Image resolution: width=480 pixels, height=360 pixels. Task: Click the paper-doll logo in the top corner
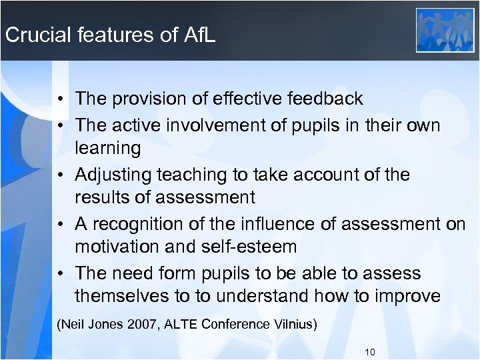445,30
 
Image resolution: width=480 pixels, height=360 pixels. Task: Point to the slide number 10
371,351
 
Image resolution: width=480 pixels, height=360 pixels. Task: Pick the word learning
108,148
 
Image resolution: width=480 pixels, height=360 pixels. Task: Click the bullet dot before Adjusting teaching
59,175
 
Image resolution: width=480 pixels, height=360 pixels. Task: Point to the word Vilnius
293,325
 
